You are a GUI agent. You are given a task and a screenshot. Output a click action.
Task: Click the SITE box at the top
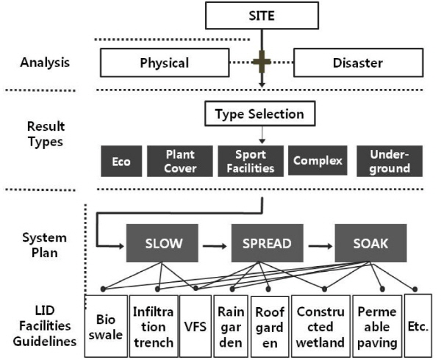pos(261,14)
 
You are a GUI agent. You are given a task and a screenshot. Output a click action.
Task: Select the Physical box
pos(164,62)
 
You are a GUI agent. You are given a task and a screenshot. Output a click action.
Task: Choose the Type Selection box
pos(259,115)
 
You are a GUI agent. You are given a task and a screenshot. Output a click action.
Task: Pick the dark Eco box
pos(121,161)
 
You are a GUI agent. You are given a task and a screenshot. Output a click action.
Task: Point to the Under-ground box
pos(390,161)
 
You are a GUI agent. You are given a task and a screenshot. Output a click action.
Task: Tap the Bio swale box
pos(106,326)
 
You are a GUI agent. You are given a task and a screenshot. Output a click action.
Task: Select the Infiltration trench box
pos(153,326)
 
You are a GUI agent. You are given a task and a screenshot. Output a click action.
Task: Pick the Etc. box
pos(418,326)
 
